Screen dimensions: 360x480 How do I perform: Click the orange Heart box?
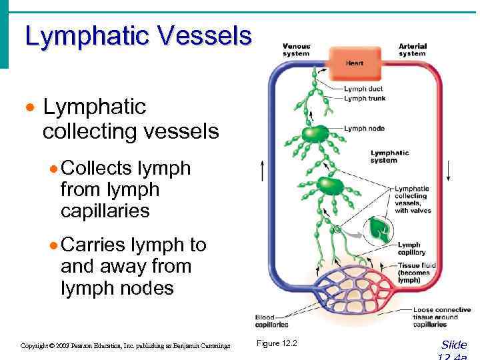(x=354, y=63)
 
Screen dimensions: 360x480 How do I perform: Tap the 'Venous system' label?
(x=296, y=49)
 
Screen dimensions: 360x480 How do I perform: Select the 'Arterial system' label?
(x=412, y=49)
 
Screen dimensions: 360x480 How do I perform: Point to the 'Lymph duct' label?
(x=363, y=89)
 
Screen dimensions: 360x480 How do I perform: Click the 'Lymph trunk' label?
(x=365, y=99)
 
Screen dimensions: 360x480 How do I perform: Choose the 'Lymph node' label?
(x=363, y=128)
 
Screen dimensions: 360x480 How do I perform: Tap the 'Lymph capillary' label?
(x=409, y=249)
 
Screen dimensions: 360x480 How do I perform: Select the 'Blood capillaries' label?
(x=271, y=321)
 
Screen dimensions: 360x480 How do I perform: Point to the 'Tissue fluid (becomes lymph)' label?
(x=417, y=272)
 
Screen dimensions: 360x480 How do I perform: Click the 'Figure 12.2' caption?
(x=277, y=343)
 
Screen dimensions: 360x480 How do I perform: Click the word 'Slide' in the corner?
(x=454, y=345)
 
